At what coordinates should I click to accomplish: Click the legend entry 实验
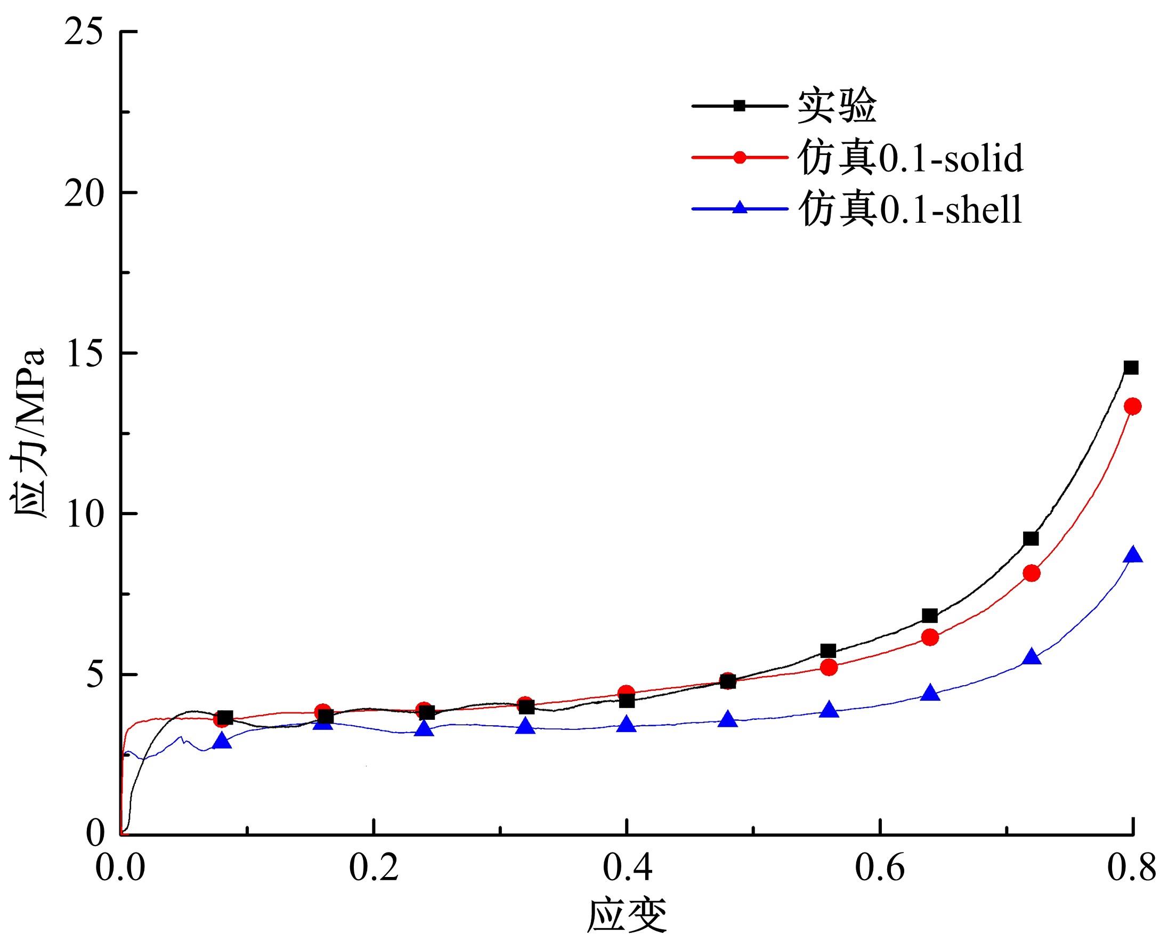(x=837, y=107)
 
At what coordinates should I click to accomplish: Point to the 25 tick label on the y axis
(x=84, y=32)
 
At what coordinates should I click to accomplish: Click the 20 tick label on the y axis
(x=84, y=193)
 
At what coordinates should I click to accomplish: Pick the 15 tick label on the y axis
(x=84, y=353)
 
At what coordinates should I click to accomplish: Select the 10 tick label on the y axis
(x=84, y=514)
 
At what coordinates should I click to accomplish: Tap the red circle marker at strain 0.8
(x=1132, y=406)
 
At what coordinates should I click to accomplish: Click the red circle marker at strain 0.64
(x=930, y=637)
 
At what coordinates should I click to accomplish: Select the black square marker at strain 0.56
(x=828, y=651)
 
